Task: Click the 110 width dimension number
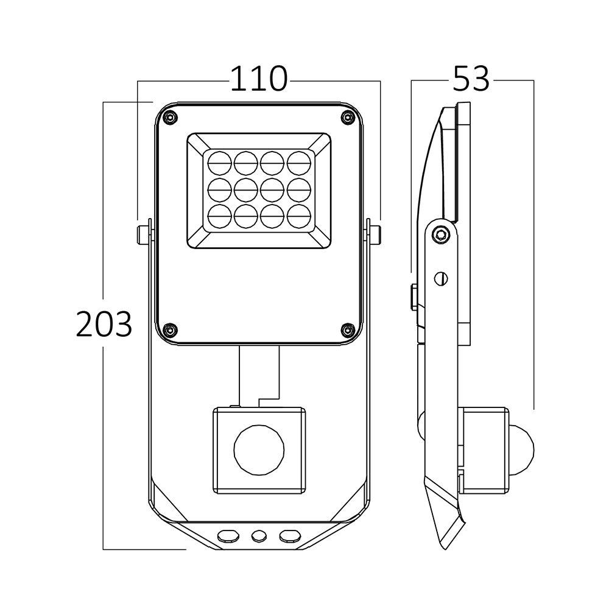258,79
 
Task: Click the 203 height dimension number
104,324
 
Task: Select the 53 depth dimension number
471,79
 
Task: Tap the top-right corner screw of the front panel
347,116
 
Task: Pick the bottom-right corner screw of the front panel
347,329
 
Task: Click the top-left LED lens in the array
219,162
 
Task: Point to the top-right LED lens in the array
298,162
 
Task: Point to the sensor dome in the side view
522,451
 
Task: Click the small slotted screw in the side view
443,278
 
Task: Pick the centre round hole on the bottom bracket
259,535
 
